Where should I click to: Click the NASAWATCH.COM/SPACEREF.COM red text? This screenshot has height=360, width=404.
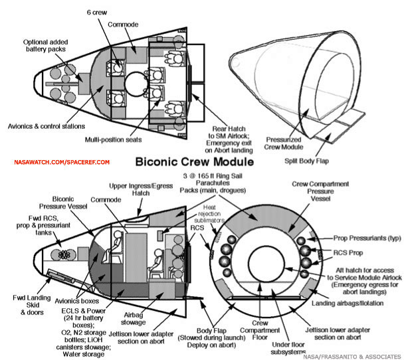(x=54, y=161)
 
